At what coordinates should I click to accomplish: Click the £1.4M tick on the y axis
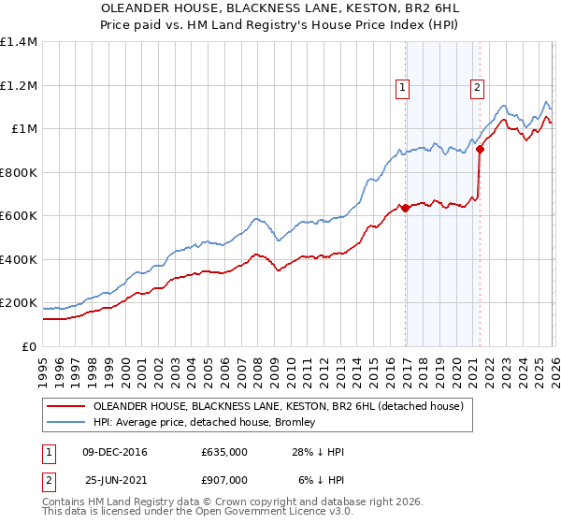[x=19, y=42]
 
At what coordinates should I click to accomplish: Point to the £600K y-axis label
[x=19, y=216]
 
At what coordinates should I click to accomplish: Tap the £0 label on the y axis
[x=29, y=346]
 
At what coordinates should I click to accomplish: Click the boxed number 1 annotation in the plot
[x=403, y=88]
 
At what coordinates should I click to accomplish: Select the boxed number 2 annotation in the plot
[x=477, y=88]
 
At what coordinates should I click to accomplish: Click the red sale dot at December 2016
[x=405, y=209]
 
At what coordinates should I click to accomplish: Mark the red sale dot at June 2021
[x=480, y=149]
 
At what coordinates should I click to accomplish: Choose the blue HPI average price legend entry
[x=205, y=423]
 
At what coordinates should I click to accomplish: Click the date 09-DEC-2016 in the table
[x=115, y=452]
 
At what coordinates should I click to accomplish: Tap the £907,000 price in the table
[x=223, y=479]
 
